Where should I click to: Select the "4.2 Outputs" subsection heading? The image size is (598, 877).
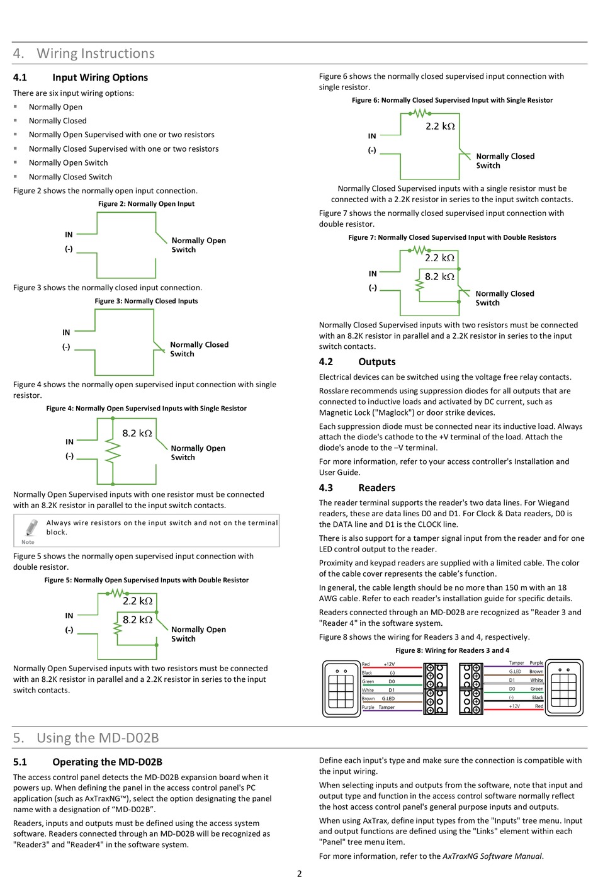pos(357,362)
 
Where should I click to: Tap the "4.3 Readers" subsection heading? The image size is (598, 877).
pos(357,488)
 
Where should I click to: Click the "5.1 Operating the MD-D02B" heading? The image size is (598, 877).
pos(87,762)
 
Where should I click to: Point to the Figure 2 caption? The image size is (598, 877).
pos(146,204)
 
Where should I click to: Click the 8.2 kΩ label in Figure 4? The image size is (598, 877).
pos(137,433)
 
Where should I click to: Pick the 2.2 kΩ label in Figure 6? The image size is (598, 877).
pos(440,126)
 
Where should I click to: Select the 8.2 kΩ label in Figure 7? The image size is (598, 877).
pos(439,276)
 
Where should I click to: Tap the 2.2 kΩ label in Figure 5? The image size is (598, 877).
pos(137,601)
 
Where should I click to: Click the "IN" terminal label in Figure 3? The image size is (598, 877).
pos(66,332)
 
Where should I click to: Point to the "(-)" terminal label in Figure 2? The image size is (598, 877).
pos(69,249)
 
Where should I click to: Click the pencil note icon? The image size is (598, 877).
pos(29,529)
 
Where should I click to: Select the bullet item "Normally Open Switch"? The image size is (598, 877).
pos(68,163)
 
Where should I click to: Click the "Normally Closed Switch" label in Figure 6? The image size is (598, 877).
pos(505,161)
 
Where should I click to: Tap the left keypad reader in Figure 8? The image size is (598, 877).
pos(341,688)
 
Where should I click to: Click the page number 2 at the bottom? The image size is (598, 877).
pos(299,873)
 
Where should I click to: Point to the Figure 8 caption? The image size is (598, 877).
pos(452,650)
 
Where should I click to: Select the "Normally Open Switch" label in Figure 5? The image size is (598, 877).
pos(198,634)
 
